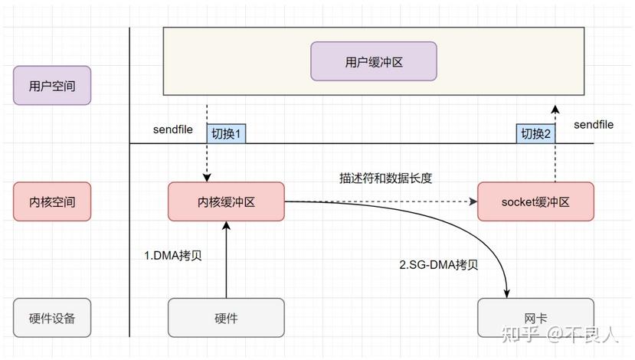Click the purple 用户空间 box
(52, 86)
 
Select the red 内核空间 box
(52, 202)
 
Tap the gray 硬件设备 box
(52, 318)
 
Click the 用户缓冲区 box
(373, 61)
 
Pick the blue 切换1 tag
(226, 133)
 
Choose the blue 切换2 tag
(535, 133)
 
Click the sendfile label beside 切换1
(173, 129)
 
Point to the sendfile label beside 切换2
(594, 124)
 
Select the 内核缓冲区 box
(226, 202)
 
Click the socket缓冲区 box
(535, 202)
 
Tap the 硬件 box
(226, 318)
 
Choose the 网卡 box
(535, 318)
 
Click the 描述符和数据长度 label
(386, 178)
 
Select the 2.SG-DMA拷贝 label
(439, 265)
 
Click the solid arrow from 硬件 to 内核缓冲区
(226, 260)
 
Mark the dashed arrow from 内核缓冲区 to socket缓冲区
(383, 202)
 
